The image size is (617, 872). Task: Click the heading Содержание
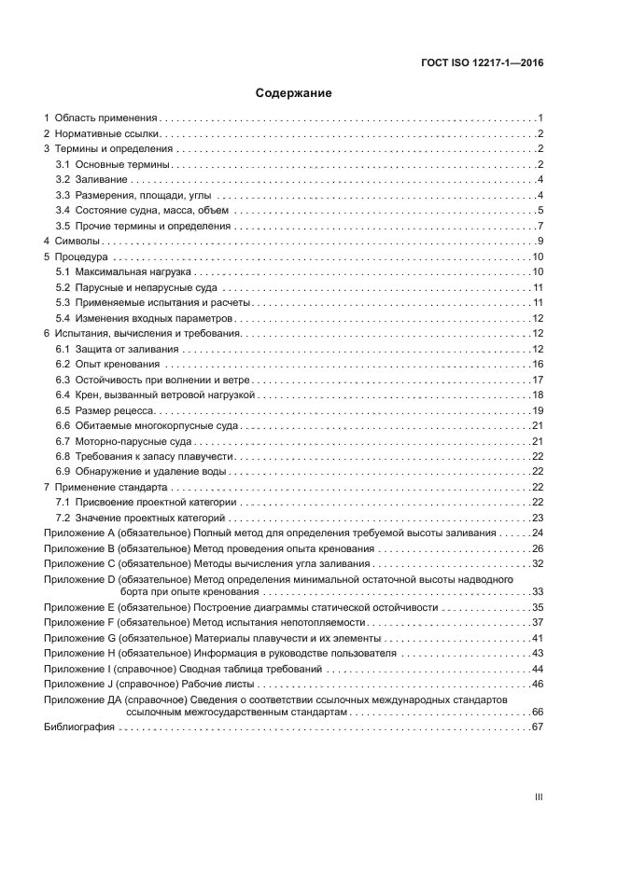[x=294, y=93]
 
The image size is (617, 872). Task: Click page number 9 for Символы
[x=540, y=242]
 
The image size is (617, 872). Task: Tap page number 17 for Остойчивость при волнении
[x=538, y=379]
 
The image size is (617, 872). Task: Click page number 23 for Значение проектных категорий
[x=538, y=517]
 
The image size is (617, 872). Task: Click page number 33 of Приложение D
[x=538, y=592]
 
